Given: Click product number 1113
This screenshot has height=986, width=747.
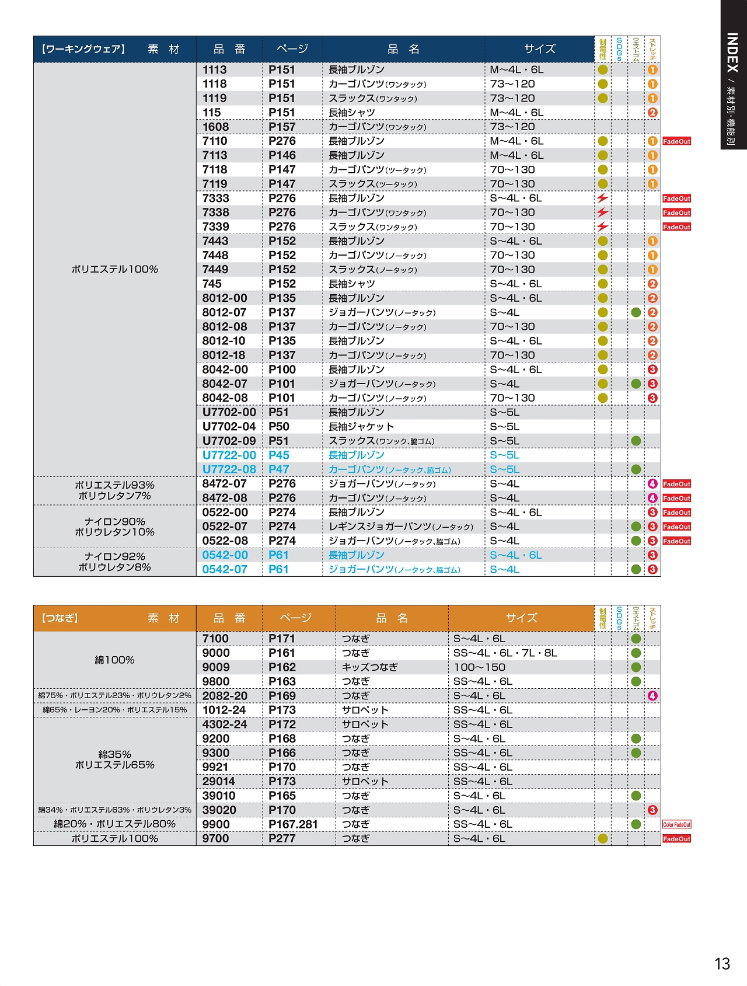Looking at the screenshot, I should click(215, 70).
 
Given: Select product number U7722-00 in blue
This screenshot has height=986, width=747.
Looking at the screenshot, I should click(229, 455).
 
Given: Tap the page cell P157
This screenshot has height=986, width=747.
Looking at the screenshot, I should click(282, 127).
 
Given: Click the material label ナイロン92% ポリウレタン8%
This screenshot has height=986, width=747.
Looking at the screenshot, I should click(115, 562).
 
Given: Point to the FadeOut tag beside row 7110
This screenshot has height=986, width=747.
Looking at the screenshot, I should click(676, 141).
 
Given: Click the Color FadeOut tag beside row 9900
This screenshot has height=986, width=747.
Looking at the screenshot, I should click(676, 825).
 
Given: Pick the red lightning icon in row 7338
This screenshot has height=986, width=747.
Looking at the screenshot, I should click(602, 212).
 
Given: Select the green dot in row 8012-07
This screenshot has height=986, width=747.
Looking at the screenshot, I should click(636, 313).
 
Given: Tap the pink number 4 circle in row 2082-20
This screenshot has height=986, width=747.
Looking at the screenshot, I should click(652, 696).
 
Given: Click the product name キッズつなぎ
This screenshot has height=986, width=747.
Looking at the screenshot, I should click(369, 667).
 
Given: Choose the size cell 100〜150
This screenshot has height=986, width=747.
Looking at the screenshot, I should click(480, 667).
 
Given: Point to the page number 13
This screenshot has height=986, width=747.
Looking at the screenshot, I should click(722, 964).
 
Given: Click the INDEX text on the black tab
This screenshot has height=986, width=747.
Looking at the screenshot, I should click(733, 53).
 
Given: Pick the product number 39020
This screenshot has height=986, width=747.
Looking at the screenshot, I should click(219, 810).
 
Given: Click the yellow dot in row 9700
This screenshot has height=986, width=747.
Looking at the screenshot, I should click(603, 839).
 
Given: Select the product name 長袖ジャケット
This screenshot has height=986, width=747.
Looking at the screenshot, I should click(361, 427).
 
